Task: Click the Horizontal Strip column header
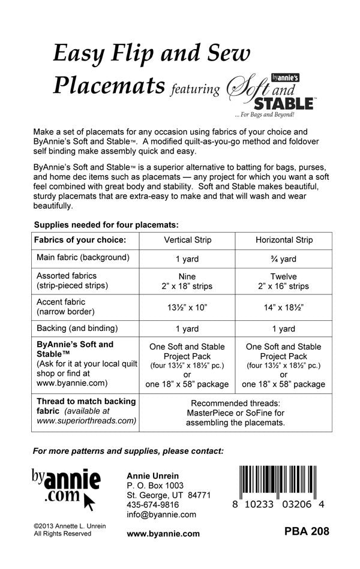click(284, 240)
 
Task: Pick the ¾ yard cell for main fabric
click(284, 258)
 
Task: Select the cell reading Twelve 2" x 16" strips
click(284, 281)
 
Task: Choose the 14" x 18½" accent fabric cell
click(284, 307)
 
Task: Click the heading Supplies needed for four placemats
click(106, 224)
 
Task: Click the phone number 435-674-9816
click(153, 505)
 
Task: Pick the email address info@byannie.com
click(161, 514)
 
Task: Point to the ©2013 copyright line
click(70, 525)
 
